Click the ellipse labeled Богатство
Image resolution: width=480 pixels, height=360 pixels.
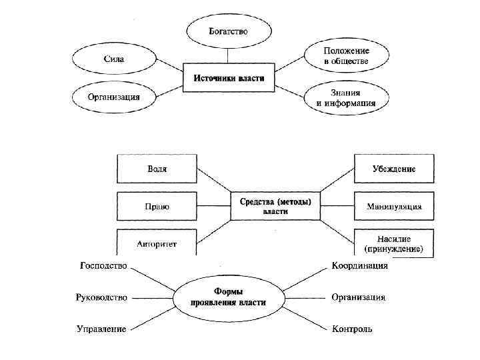tap(229, 31)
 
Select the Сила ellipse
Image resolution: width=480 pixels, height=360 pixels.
tap(113, 59)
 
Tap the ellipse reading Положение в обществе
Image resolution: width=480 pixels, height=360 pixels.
tap(345, 56)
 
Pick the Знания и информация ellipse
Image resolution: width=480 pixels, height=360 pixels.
tap(345, 97)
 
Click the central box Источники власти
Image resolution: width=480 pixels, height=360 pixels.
tap(229, 78)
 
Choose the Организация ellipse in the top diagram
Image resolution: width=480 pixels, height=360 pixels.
tap(113, 97)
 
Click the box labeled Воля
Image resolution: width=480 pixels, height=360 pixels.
tap(157, 169)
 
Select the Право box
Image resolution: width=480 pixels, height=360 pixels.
tap(157, 207)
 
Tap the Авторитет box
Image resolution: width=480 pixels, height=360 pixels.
tap(157, 243)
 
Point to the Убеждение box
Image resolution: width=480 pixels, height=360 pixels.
tap(393, 169)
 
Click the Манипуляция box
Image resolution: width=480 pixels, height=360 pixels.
tap(393, 207)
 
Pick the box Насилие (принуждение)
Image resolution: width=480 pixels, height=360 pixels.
tap(393, 243)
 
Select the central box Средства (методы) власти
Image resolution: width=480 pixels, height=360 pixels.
tap(275, 206)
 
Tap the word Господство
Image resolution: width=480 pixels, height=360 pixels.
tap(103, 266)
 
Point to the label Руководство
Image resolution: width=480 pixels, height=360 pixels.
tap(101, 297)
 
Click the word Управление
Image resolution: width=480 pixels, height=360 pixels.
tap(101, 329)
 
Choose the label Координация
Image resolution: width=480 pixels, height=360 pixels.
tap(360, 266)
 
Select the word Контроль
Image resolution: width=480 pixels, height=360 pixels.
tap(352, 329)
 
